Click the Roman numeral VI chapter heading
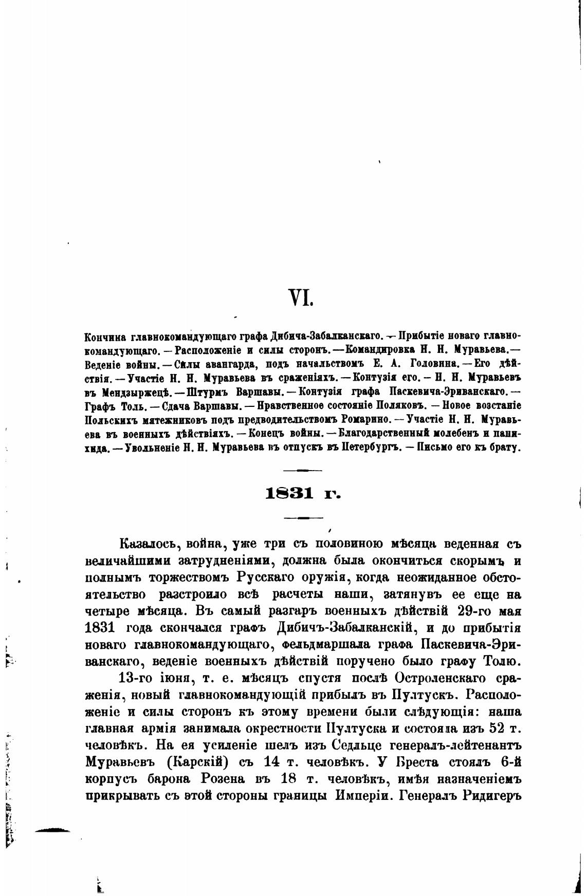pos(301,297)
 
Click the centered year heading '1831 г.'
pos(303,494)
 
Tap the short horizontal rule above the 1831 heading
pos(303,471)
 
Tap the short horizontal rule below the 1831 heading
pos(303,518)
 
